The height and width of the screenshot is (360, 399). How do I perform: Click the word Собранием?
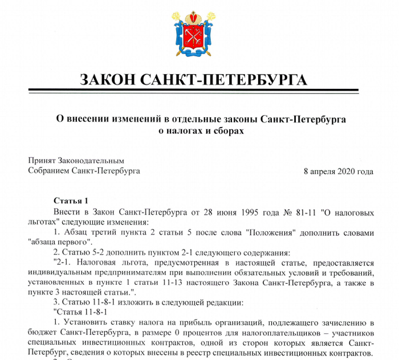(x=48, y=170)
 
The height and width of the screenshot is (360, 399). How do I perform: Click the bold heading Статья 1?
(x=71, y=201)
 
